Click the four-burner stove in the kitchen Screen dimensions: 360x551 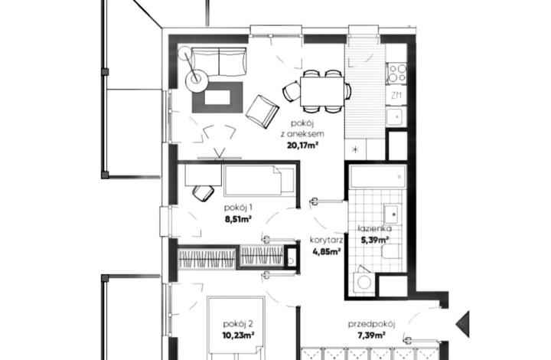coord(396,73)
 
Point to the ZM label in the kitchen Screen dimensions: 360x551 coord(396,95)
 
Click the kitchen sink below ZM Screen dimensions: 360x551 coord(396,117)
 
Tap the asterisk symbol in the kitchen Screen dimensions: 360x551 coord(356,148)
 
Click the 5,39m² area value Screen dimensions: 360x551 coord(375,240)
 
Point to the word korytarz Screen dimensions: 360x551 coord(326,240)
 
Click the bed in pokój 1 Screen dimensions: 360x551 coord(258,181)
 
